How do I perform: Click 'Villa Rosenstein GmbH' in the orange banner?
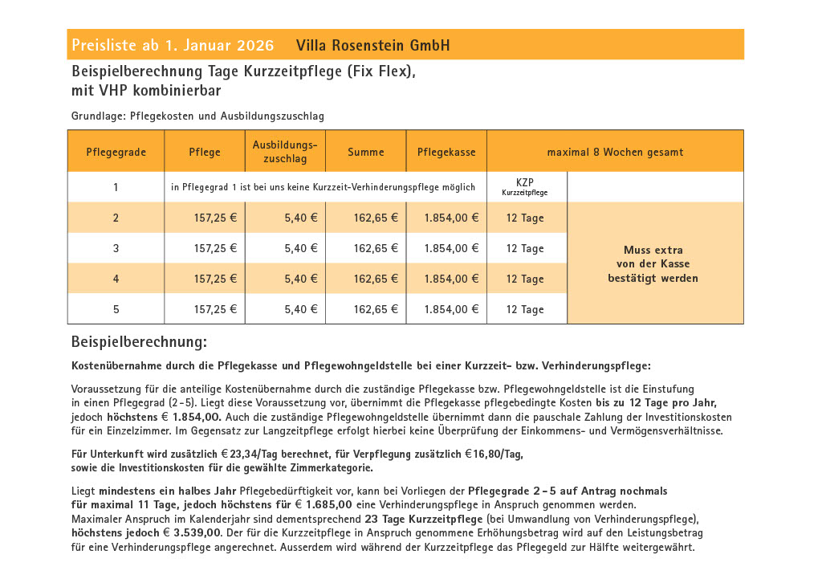pos(372,45)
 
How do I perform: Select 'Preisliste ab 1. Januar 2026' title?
pos(173,45)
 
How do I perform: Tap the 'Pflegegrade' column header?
pos(116,152)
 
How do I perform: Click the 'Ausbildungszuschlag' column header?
pos(285,152)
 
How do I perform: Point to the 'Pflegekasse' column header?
pos(446,152)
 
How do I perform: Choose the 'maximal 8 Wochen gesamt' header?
pos(615,152)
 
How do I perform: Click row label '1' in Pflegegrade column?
pos(116,188)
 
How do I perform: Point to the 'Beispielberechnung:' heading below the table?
pos(139,342)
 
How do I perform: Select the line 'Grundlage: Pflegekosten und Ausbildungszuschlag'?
pos(197,116)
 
